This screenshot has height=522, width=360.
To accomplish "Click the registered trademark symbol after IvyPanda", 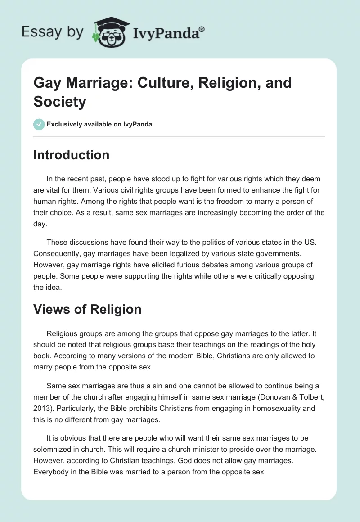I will tap(202, 30).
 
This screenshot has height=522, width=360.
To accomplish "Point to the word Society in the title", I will tap(59, 102).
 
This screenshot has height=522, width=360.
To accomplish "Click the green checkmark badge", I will tap(39, 124).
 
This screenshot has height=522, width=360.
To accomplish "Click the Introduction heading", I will tap(71, 155).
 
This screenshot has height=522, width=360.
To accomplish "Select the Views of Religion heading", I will tap(87, 309).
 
